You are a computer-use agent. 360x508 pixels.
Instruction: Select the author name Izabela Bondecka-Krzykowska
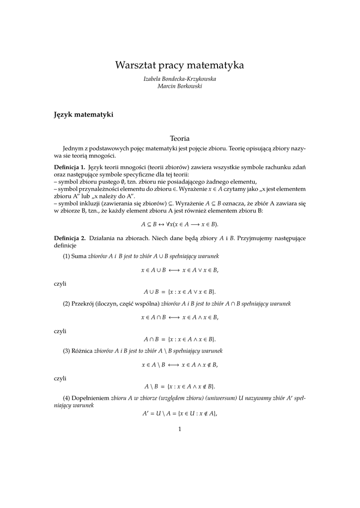(180, 79)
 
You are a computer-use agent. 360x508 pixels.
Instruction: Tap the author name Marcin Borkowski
(180, 86)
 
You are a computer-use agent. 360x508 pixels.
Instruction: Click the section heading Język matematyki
(83, 115)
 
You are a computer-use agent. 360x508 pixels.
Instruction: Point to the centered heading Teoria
(180, 138)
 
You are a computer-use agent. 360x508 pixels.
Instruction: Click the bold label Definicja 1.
(70, 166)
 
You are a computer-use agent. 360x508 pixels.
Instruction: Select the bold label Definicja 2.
(70, 238)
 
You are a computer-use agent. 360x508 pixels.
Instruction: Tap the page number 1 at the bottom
(180, 429)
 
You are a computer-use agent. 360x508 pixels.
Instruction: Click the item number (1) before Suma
(67, 256)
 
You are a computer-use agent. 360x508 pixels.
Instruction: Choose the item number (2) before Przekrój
(67, 303)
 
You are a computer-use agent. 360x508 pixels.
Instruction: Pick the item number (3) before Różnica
(67, 351)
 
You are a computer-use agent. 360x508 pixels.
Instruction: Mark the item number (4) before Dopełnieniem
(67, 398)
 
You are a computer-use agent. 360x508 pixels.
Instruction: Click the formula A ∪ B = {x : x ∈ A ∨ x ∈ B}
(180, 292)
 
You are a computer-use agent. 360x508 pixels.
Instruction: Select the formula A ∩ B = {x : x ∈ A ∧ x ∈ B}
(180, 339)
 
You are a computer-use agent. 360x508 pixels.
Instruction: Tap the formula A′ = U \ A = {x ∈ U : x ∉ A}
(180, 414)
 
